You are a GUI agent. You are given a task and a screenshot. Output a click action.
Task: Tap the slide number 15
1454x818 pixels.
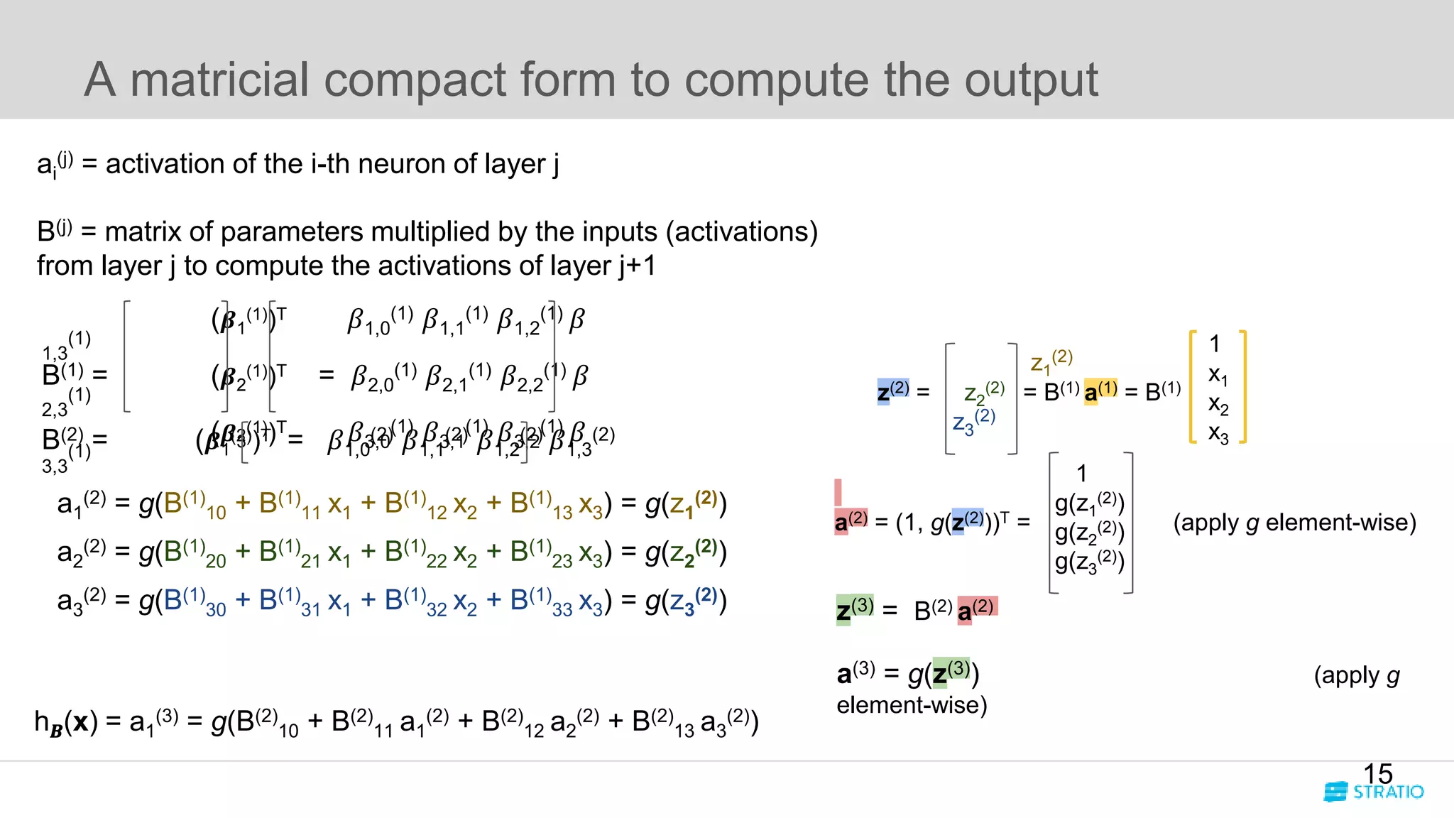(1377, 773)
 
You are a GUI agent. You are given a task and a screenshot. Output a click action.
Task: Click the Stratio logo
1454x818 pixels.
(1374, 792)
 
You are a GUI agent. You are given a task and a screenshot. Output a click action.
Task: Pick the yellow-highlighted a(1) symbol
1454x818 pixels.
(1100, 391)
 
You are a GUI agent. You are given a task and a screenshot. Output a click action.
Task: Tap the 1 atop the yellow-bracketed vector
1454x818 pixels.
(1215, 344)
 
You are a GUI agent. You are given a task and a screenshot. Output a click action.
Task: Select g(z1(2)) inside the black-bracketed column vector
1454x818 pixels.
(1089, 503)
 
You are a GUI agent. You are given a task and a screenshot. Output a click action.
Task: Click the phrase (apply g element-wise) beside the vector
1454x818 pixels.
(1294, 523)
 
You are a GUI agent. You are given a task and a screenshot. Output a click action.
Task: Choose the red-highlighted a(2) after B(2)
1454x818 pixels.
(977, 609)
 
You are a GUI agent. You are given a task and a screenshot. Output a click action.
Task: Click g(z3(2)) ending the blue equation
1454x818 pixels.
(686, 601)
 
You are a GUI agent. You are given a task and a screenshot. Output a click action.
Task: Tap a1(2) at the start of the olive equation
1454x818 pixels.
(81, 503)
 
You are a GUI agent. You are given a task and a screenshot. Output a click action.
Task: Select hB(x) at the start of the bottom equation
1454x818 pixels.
(65, 722)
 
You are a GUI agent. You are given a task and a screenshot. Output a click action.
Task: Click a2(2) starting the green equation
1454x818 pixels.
(81, 552)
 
